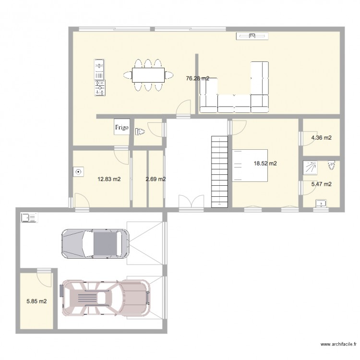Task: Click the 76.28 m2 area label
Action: click(197, 78)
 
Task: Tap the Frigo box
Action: click(120, 128)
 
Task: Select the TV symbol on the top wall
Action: click(252, 36)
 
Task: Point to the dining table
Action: click(148, 74)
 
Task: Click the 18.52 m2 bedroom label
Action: click(265, 164)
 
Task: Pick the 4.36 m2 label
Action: click(322, 138)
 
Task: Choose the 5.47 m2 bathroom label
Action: click(322, 184)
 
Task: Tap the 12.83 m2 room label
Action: click(109, 180)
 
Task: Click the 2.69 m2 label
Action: click(156, 180)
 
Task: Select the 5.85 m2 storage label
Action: click(36, 302)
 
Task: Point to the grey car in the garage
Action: click(95, 243)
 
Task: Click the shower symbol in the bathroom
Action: click(309, 167)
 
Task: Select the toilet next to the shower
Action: click(331, 166)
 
